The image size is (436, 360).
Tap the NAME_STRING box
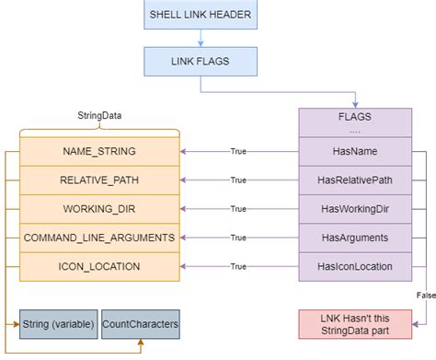tap(100, 151)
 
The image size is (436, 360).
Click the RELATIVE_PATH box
tap(100, 180)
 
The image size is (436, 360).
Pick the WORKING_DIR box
tap(100, 209)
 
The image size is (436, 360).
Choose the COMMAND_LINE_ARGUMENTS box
tap(100, 238)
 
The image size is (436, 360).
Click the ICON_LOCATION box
tap(100, 266)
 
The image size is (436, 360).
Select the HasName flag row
tap(355, 151)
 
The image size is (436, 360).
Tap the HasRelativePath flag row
tap(355, 180)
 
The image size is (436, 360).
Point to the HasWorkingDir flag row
tap(355, 209)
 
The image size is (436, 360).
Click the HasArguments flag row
tap(355, 238)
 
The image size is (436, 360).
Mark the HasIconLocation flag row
tap(355, 266)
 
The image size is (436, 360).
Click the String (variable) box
tap(57, 324)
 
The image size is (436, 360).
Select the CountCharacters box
tap(141, 324)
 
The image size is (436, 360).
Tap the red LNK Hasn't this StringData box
tap(355, 324)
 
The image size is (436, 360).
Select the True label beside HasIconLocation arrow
tap(238, 266)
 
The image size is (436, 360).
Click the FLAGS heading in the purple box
tap(355, 118)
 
